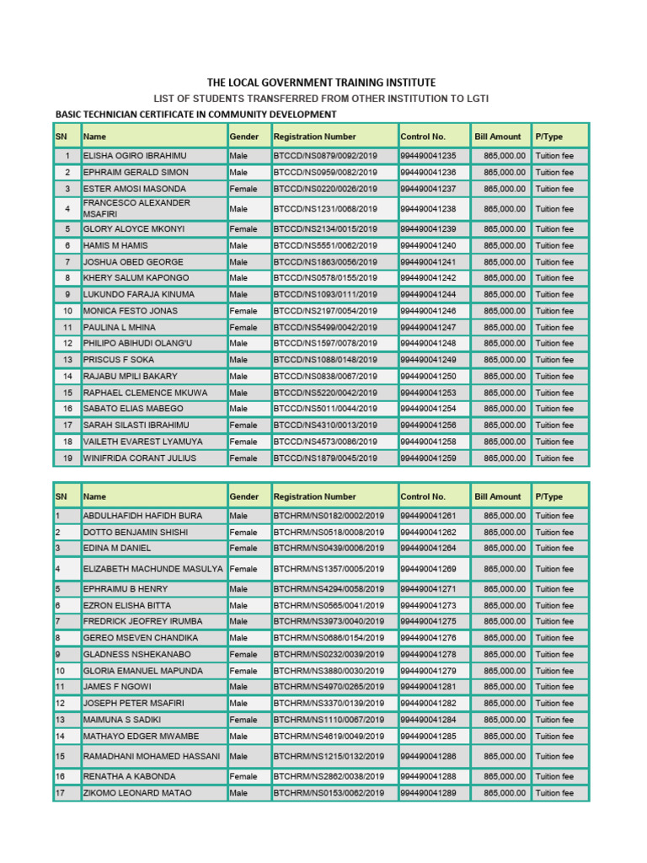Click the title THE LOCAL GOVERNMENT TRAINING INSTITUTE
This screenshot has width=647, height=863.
point(322,83)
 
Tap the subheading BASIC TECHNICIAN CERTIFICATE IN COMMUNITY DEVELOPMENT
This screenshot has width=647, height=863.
point(195,115)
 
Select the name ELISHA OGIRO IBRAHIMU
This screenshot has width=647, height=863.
point(135,156)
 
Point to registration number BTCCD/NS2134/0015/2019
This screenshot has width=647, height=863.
point(325,229)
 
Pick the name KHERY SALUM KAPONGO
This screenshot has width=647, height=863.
point(136,278)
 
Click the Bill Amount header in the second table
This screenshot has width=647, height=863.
point(498,497)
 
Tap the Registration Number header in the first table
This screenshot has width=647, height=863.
point(315,137)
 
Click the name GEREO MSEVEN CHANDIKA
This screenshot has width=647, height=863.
point(140,639)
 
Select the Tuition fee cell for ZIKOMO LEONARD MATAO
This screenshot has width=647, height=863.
point(554,794)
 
